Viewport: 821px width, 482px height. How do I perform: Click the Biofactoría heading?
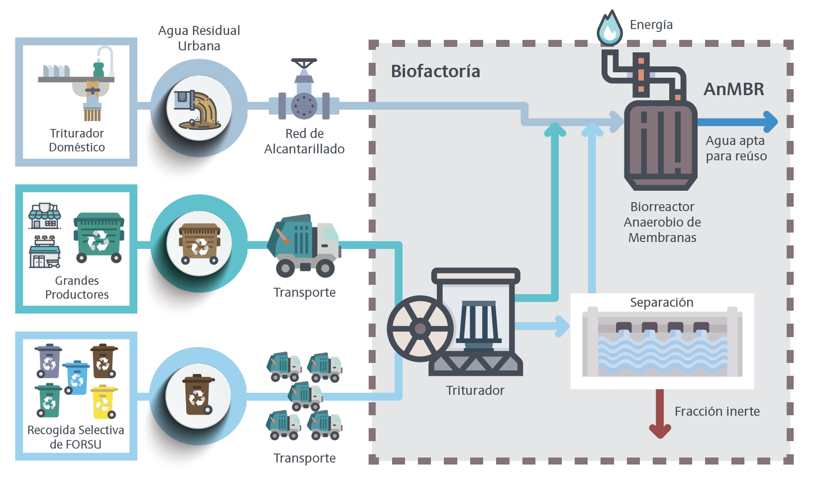point(435,71)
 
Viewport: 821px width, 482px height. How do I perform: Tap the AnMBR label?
point(733,89)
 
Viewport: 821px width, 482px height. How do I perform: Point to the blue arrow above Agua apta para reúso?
point(739,122)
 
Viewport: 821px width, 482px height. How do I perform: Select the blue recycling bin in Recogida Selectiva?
point(76,377)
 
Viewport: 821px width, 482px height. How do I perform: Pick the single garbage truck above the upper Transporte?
point(304,245)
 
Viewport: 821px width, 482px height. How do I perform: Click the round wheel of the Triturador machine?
point(420,329)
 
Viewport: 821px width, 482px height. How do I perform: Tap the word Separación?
point(661,302)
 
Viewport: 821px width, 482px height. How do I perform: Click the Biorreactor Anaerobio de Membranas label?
point(662,222)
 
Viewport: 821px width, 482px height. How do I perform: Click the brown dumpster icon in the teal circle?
point(199,243)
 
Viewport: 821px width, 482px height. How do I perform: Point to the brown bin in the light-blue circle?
point(198,395)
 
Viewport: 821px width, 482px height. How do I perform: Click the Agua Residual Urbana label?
point(199,38)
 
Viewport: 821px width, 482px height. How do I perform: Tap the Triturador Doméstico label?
point(76,140)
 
